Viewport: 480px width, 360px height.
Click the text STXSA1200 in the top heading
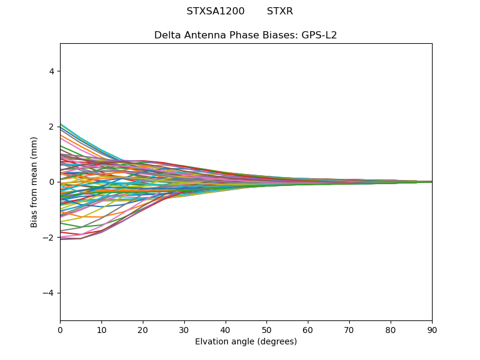click(x=215, y=11)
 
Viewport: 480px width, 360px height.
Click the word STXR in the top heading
click(x=280, y=11)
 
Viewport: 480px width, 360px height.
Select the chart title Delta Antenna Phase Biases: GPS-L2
click(x=245, y=35)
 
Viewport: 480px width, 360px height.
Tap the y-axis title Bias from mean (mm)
click(x=35, y=182)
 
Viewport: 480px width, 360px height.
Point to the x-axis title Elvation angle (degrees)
click(x=245, y=342)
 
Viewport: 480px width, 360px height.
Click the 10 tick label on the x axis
click(x=101, y=330)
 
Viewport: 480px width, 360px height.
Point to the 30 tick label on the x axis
click(x=184, y=330)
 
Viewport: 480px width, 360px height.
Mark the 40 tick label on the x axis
click(x=226, y=330)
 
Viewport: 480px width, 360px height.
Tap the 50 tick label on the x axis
click(x=266, y=330)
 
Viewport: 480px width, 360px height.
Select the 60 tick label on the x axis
click(x=308, y=330)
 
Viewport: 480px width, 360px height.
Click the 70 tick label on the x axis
click(x=349, y=330)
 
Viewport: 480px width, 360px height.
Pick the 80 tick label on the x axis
click(x=391, y=330)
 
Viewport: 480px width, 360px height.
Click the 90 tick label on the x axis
click(x=432, y=330)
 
